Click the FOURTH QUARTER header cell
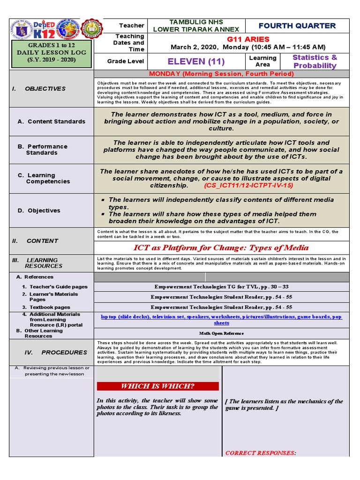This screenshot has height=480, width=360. click(297, 26)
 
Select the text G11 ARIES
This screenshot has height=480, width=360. click(247, 39)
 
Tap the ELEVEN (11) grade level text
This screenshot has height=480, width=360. click(196, 61)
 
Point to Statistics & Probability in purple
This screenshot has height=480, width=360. click(315, 61)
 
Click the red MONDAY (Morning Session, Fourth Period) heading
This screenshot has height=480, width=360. click(221, 74)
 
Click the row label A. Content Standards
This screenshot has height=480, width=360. click(51, 121)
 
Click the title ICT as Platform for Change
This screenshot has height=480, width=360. click(221, 247)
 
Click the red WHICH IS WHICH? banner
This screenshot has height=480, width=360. click(157, 386)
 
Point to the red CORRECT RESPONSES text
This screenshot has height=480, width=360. click(260, 453)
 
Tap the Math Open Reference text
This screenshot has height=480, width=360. click(221, 333)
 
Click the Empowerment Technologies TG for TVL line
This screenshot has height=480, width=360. click(221, 286)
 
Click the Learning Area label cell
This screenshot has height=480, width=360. click(262, 61)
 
